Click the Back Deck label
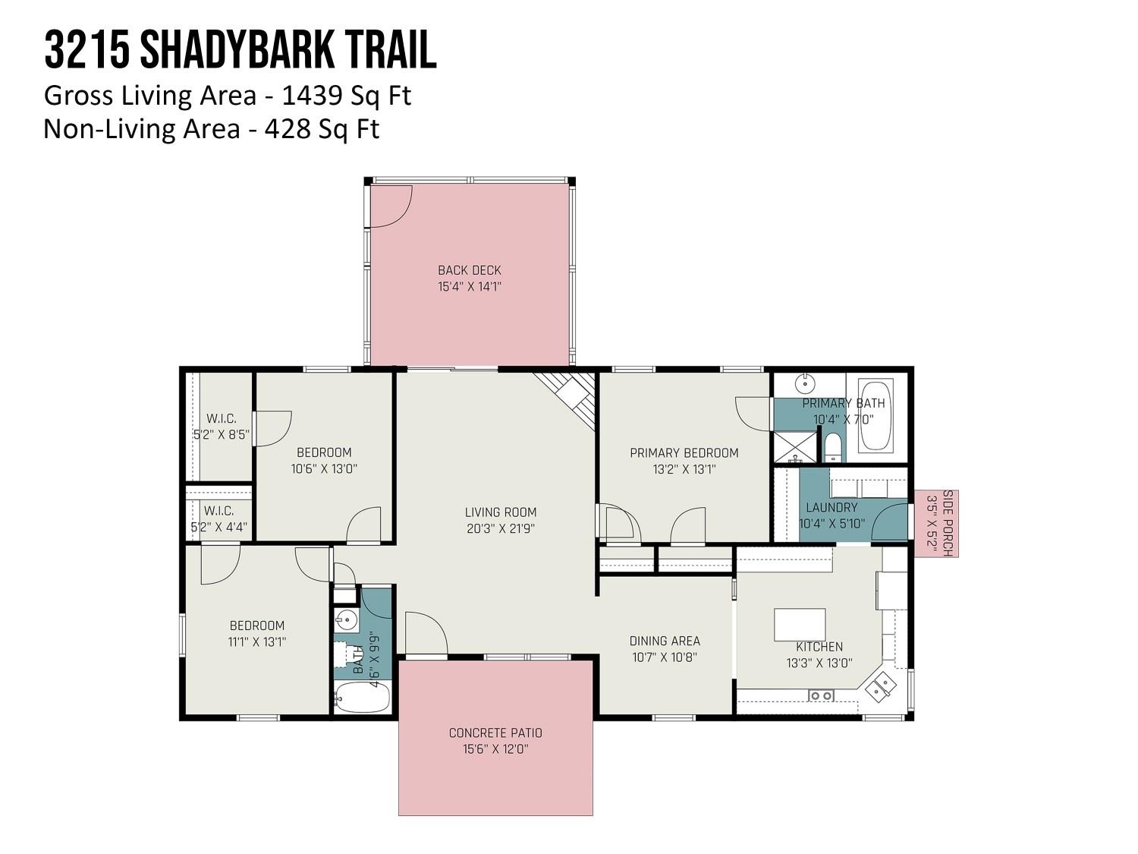click(469, 270)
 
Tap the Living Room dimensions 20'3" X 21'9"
click(500, 528)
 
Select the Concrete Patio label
click(495, 733)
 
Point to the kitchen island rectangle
click(800, 625)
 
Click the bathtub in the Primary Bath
click(876, 415)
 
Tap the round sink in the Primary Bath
click(805, 383)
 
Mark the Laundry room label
click(831, 507)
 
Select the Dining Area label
click(665, 641)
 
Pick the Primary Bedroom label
click(684, 452)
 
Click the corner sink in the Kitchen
click(880, 686)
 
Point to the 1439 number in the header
click(312, 96)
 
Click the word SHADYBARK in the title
click(237, 50)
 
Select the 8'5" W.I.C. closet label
click(222, 427)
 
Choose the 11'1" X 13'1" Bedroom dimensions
click(256, 641)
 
